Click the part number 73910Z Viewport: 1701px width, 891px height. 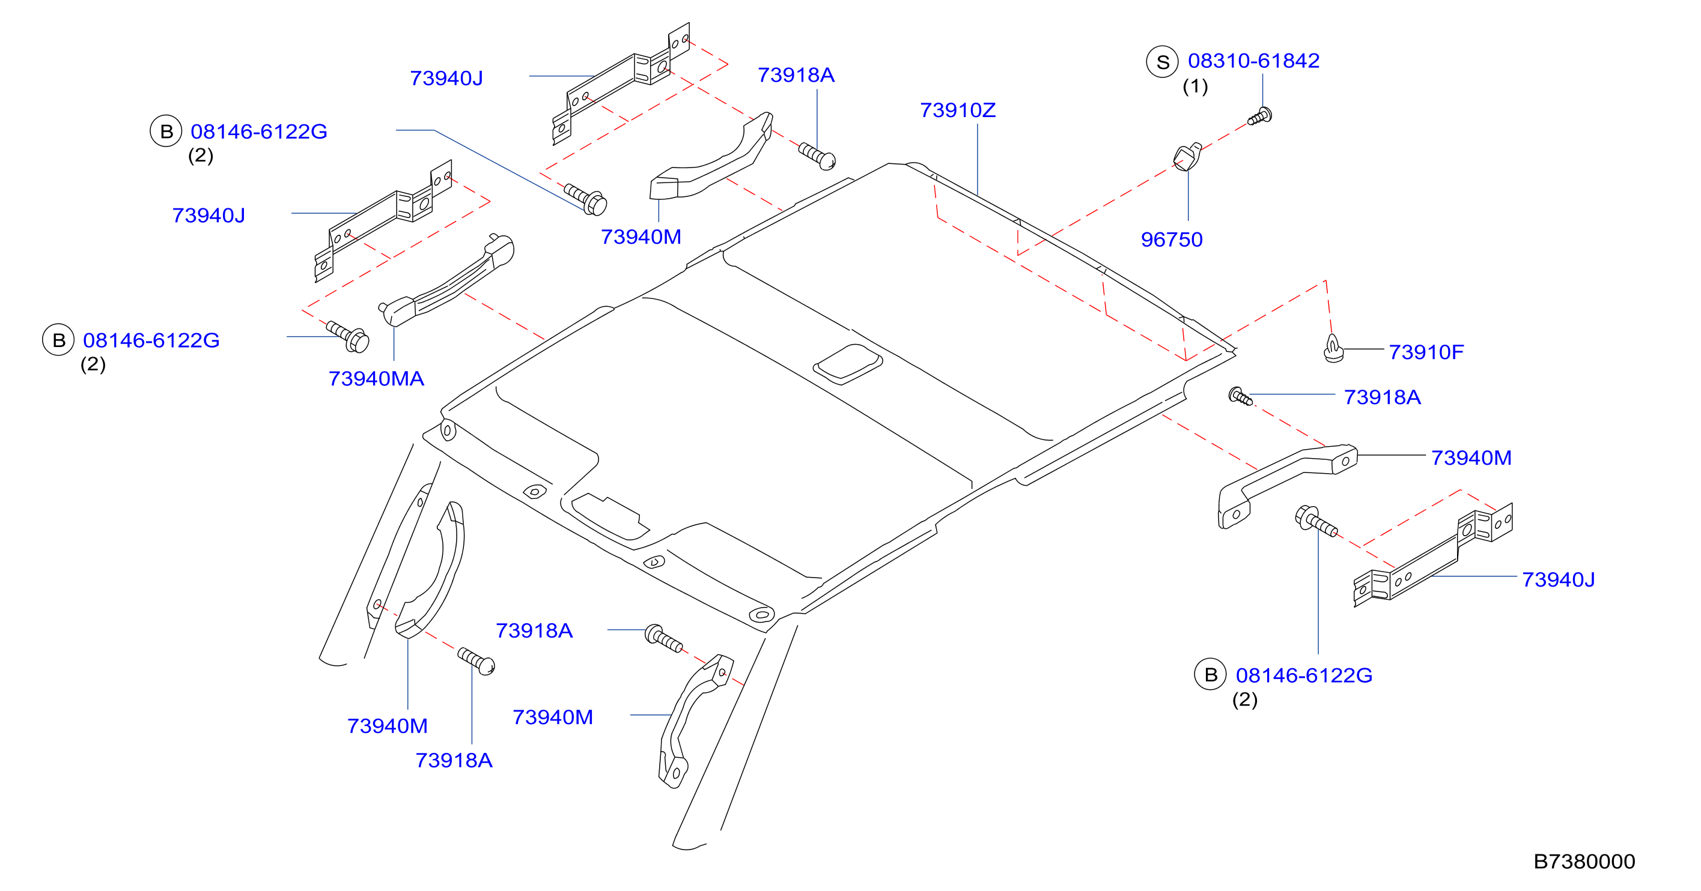coord(958,110)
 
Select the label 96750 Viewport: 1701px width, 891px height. coord(1172,240)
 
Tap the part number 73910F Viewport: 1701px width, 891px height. coord(1426,352)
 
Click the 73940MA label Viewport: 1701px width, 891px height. coord(376,378)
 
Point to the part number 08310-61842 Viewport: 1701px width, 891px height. coord(1253,61)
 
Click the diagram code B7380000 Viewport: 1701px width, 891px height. coord(1583,862)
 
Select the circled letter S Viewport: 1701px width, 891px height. coord(1162,62)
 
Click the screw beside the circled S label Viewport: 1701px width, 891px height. coord(1260,117)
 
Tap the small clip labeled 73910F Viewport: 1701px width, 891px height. coord(1333,349)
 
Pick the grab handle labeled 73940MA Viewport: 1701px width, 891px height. coord(446,280)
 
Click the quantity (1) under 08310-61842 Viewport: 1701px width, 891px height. coord(1194,86)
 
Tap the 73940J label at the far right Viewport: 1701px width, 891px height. coord(1558,579)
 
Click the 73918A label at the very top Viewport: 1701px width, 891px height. coord(796,75)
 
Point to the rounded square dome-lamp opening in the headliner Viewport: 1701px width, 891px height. coord(847,364)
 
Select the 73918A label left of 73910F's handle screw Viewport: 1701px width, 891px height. coord(1381,397)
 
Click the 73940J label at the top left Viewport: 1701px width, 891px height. coord(446,79)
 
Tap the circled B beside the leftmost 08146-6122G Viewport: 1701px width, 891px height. coord(59,340)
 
